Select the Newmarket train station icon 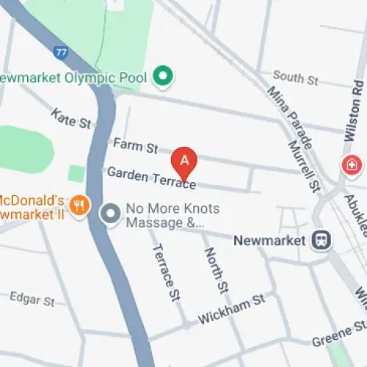(320, 240)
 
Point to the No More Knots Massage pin (110, 214)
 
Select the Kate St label (70, 116)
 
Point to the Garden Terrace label (151, 177)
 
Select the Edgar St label (32, 298)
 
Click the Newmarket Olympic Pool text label (73, 77)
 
